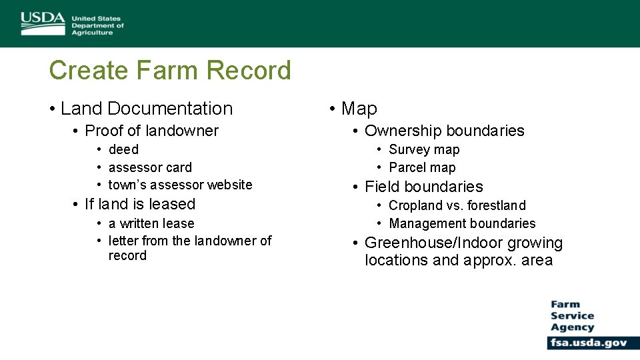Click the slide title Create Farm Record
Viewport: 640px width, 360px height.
point(170,70)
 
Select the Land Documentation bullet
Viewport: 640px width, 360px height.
point(147,109)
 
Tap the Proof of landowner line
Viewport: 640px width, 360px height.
point(151,131)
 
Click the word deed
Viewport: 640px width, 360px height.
point(123,150)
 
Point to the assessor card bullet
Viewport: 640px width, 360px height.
point(150,167)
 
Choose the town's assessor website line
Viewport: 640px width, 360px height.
point(180,185)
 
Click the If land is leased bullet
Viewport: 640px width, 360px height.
point(140,204)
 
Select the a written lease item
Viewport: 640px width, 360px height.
point(151,223)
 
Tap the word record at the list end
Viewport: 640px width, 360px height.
point(127,256)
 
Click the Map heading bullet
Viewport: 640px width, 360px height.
point(359,109)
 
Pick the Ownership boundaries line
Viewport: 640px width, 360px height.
point(444,131)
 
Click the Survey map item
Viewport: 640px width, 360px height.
point(424,150)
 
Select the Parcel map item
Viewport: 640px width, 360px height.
point(422,167)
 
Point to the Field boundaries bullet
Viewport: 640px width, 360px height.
point(423,187)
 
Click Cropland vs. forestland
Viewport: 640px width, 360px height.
point(457,205)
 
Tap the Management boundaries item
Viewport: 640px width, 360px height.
point(462,223)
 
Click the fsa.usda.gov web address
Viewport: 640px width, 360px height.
point(588,343)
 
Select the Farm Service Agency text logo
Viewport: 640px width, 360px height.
point(572,316)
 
